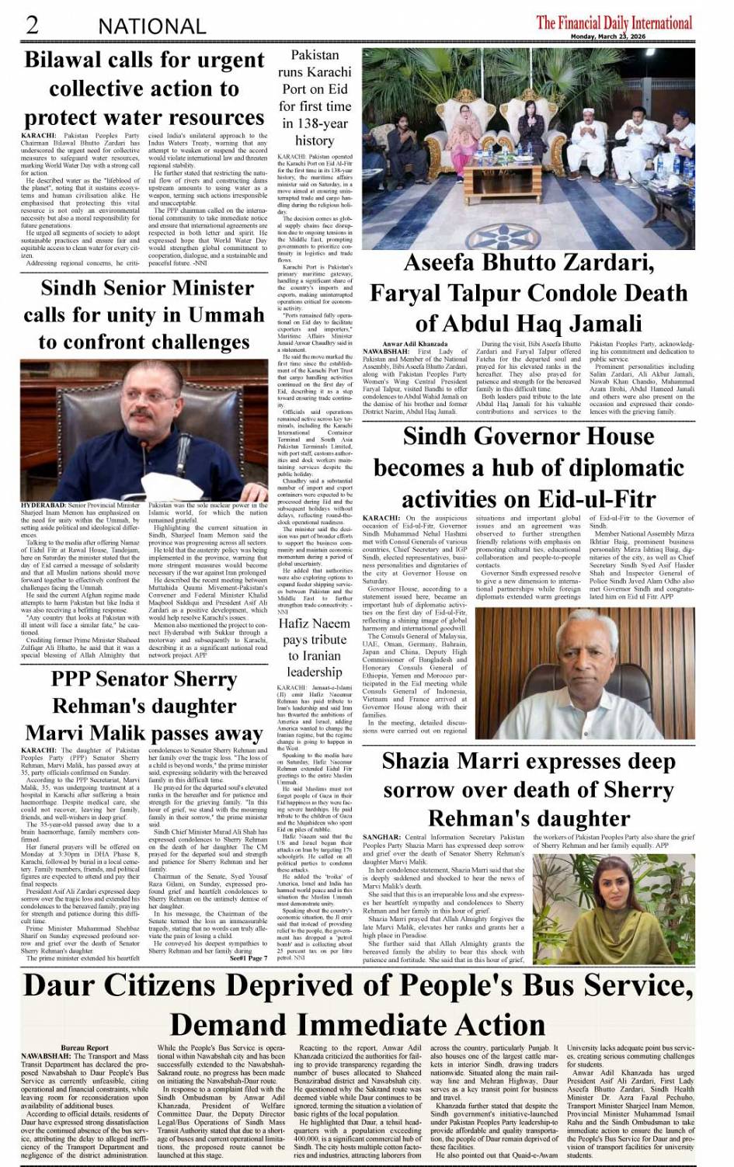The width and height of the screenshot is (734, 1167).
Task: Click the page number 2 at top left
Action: tap(32, 24)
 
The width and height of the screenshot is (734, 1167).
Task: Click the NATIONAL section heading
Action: tap(151, 26)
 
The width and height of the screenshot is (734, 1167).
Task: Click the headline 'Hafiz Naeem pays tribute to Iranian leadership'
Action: tap(314, 648)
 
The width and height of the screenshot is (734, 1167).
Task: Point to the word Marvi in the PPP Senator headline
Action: tap(59, 733)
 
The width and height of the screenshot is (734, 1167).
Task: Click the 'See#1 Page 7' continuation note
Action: tap(248, 957)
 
